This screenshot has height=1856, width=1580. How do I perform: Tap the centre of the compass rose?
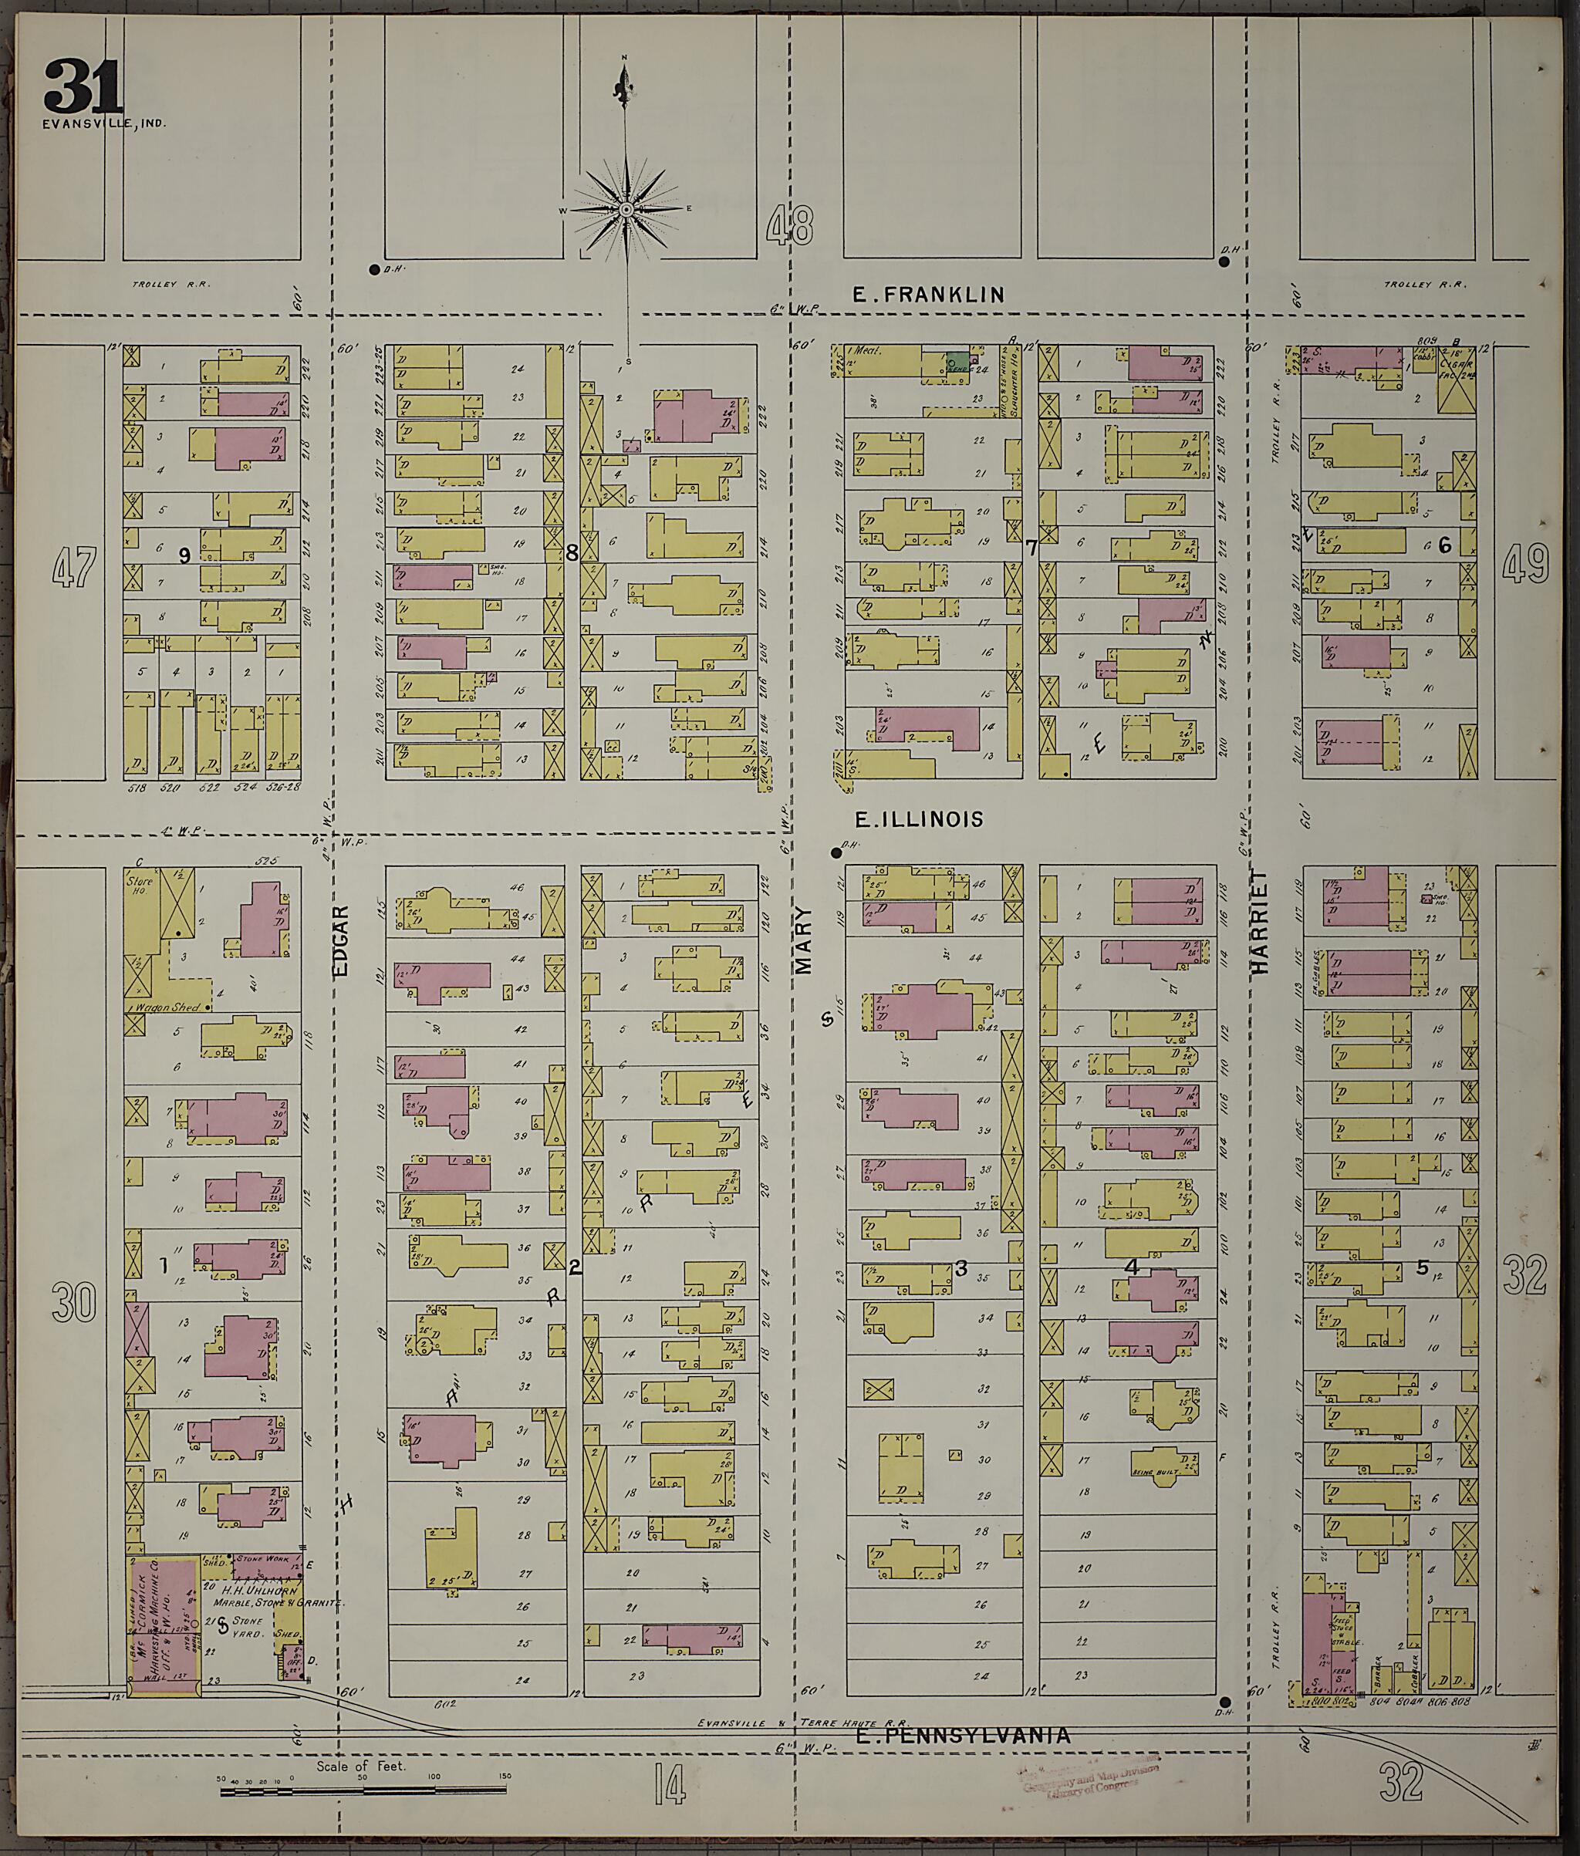tap(626, 209)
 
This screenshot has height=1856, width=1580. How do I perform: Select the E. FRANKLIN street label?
tap(928, 294)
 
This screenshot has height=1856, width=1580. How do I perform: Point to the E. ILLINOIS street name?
tap(919, 818)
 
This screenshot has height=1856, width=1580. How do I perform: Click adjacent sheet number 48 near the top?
tap(790, 224)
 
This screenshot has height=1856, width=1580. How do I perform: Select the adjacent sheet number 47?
tap(73, 567)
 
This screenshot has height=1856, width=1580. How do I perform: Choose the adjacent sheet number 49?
tap(1525, 563)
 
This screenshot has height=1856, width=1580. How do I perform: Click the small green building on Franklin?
tap(957, 362)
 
